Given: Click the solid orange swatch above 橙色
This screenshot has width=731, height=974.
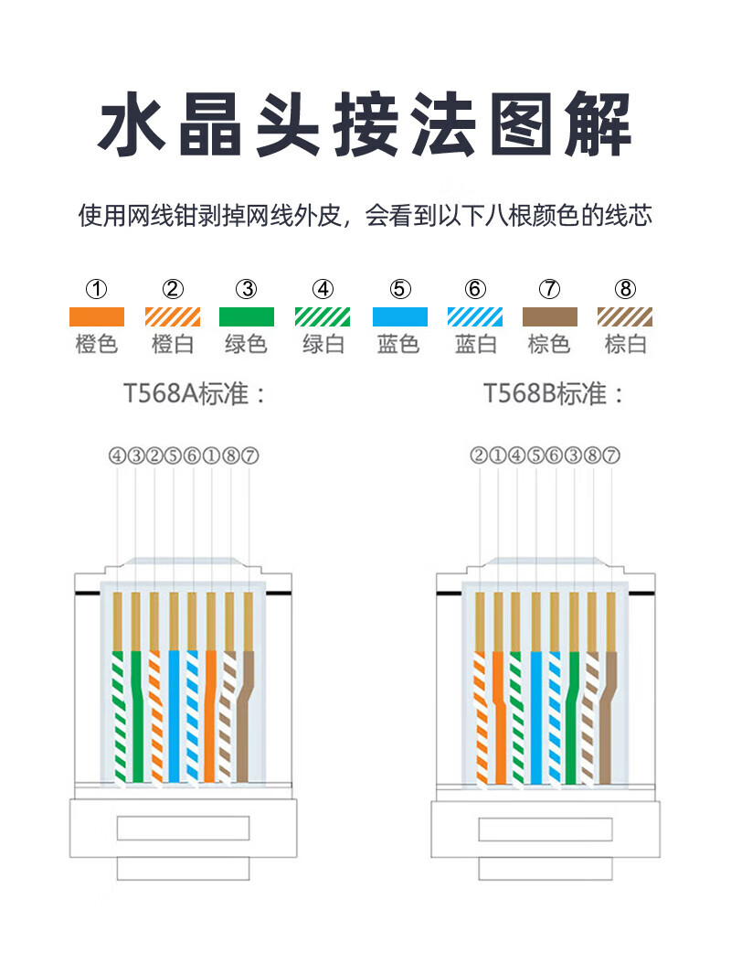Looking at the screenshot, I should [97, 317].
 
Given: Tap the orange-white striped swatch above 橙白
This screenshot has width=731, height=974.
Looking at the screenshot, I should [173, 317].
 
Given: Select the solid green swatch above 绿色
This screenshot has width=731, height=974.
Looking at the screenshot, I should [247, 317].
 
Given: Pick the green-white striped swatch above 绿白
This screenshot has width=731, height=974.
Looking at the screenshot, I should [323, 317].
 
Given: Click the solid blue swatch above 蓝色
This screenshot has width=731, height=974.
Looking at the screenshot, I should [399, 317].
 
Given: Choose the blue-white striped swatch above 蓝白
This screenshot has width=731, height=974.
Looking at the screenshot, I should [474, 317].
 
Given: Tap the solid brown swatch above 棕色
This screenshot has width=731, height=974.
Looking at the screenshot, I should [549, 317].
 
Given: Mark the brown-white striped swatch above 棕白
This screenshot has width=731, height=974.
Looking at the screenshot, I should [625, 317].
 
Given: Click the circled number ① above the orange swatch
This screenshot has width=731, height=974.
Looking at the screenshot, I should [97, 290].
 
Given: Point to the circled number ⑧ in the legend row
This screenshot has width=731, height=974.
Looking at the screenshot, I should [625, 290].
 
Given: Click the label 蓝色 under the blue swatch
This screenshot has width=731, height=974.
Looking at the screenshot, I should [398, 345].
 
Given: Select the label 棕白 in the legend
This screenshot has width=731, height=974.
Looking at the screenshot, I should [625, 345].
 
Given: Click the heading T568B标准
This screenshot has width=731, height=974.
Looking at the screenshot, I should [554, 395].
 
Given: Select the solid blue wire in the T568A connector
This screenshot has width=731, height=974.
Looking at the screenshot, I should [174, 713].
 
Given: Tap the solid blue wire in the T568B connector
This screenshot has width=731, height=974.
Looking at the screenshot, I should [535, 713].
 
